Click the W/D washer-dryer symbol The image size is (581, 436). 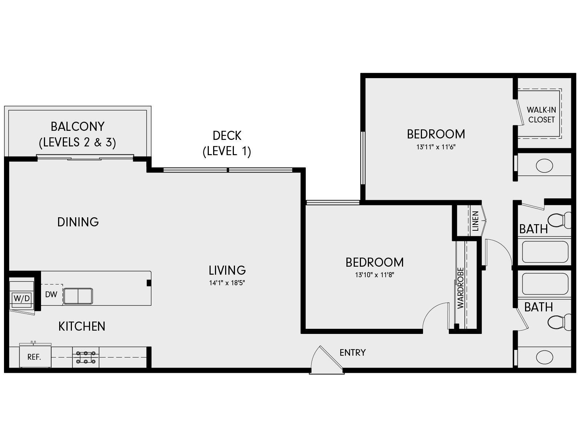tap(22, 299)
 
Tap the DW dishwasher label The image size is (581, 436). tap(51, 294)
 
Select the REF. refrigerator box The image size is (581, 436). tap(34, 357)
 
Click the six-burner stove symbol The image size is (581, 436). tap(86, 357)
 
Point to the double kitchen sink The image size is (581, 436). tap(78, 296)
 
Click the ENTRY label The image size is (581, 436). tap(353, 352)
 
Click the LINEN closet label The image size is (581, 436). tap(475, 221)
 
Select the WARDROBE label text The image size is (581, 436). tap(460, 288)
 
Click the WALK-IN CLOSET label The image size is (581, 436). tap(541, 114)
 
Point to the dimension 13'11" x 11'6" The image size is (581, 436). tap(436, 147)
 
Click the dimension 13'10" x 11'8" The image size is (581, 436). tap(374, 275)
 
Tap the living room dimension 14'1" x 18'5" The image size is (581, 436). tap(227, 283)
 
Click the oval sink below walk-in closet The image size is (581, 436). tap(544, 166)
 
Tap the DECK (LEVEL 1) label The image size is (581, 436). tap(227, 143)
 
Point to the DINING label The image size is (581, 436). tap(78, 222)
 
